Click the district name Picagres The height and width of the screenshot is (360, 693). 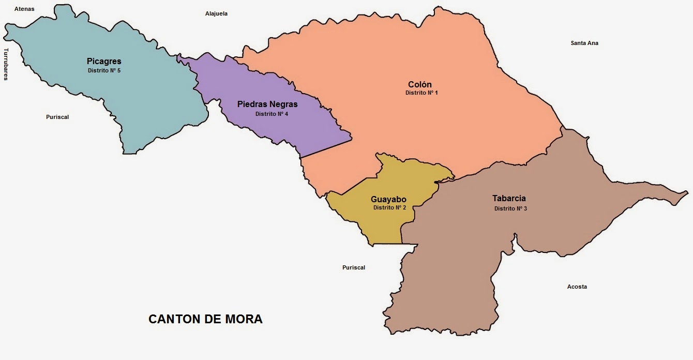point(104,62)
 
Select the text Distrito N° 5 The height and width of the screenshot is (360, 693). point(104,70)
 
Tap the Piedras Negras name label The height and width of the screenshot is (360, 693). point(267,104)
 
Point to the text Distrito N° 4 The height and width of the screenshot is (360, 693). point(272,114)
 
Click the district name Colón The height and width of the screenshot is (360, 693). point(419,84)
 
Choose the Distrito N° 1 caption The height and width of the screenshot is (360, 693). point(421,93)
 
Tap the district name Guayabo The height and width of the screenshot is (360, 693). point(388,199)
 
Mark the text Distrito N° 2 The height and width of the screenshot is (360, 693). point(389,207)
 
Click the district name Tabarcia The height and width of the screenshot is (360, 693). point(509,198)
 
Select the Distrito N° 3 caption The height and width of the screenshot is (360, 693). point(510,208)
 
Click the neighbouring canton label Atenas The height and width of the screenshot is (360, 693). point(24,9)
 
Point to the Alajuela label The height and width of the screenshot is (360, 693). point(216,13)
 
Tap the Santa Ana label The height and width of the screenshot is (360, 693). point(584,43)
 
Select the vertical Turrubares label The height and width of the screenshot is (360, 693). point(6,64)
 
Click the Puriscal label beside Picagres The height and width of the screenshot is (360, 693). point(57,117)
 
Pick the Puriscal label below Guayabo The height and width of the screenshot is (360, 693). point(354,267)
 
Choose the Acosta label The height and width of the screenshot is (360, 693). point(577,287)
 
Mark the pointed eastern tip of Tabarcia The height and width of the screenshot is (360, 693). point(687,193)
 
